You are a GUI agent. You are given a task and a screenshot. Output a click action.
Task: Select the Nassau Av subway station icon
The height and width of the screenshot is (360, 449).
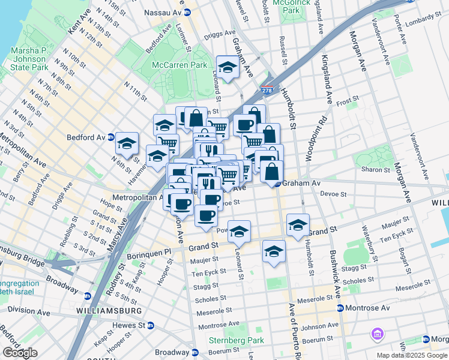(187, 11)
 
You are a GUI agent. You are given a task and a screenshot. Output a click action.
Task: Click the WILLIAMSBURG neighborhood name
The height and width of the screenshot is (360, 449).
(109, 311)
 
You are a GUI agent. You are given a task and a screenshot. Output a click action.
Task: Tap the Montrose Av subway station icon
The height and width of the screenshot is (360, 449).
(340, 308)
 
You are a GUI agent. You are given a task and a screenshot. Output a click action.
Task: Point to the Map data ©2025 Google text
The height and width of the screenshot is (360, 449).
(412, 355)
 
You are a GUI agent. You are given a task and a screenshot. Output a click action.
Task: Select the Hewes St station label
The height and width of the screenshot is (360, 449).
(128, 325)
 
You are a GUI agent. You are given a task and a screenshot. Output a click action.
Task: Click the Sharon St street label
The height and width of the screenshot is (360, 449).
(376, 170)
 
